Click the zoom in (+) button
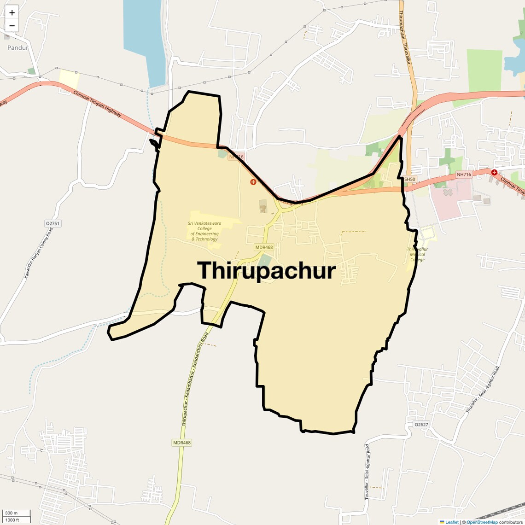12,13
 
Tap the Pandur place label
17,47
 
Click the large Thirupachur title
267,271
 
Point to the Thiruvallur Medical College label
417,254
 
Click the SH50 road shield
409,179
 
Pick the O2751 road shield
52,223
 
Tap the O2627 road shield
421,425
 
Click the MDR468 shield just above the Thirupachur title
264,247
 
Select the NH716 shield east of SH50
464,175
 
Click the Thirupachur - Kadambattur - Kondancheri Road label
195,379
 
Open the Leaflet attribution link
452,522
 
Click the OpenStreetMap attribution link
482,522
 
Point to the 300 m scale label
11,513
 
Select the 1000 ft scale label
12,520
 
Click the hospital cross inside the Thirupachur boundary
253,182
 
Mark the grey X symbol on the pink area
448,192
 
